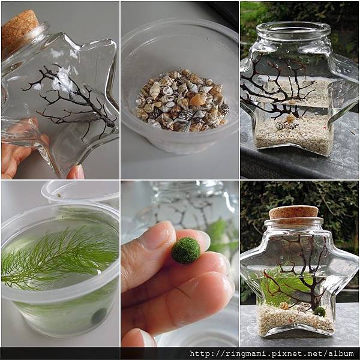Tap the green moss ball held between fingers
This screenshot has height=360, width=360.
[x=186, y=251]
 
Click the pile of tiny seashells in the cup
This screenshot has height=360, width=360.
[x=182, y=100]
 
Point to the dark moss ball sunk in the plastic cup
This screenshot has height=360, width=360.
[x=99, y=316]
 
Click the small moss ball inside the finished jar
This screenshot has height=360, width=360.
[x=319, y=311]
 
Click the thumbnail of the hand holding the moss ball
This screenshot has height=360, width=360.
[x=180, y=263]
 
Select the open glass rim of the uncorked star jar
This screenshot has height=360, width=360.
[x=293, y=30]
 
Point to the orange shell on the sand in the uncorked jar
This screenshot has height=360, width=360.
[x=290, y=118]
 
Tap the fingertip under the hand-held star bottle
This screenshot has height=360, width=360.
[x=76, y=172]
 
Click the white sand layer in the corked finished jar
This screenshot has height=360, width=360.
[x=296, y=318]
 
